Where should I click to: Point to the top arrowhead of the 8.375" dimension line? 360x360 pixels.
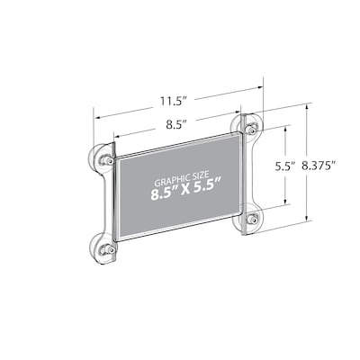(x=307, y=106)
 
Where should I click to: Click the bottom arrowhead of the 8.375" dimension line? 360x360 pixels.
(x=307, y=220)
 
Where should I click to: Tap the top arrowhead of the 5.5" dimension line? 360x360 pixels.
(x=286, y=128)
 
